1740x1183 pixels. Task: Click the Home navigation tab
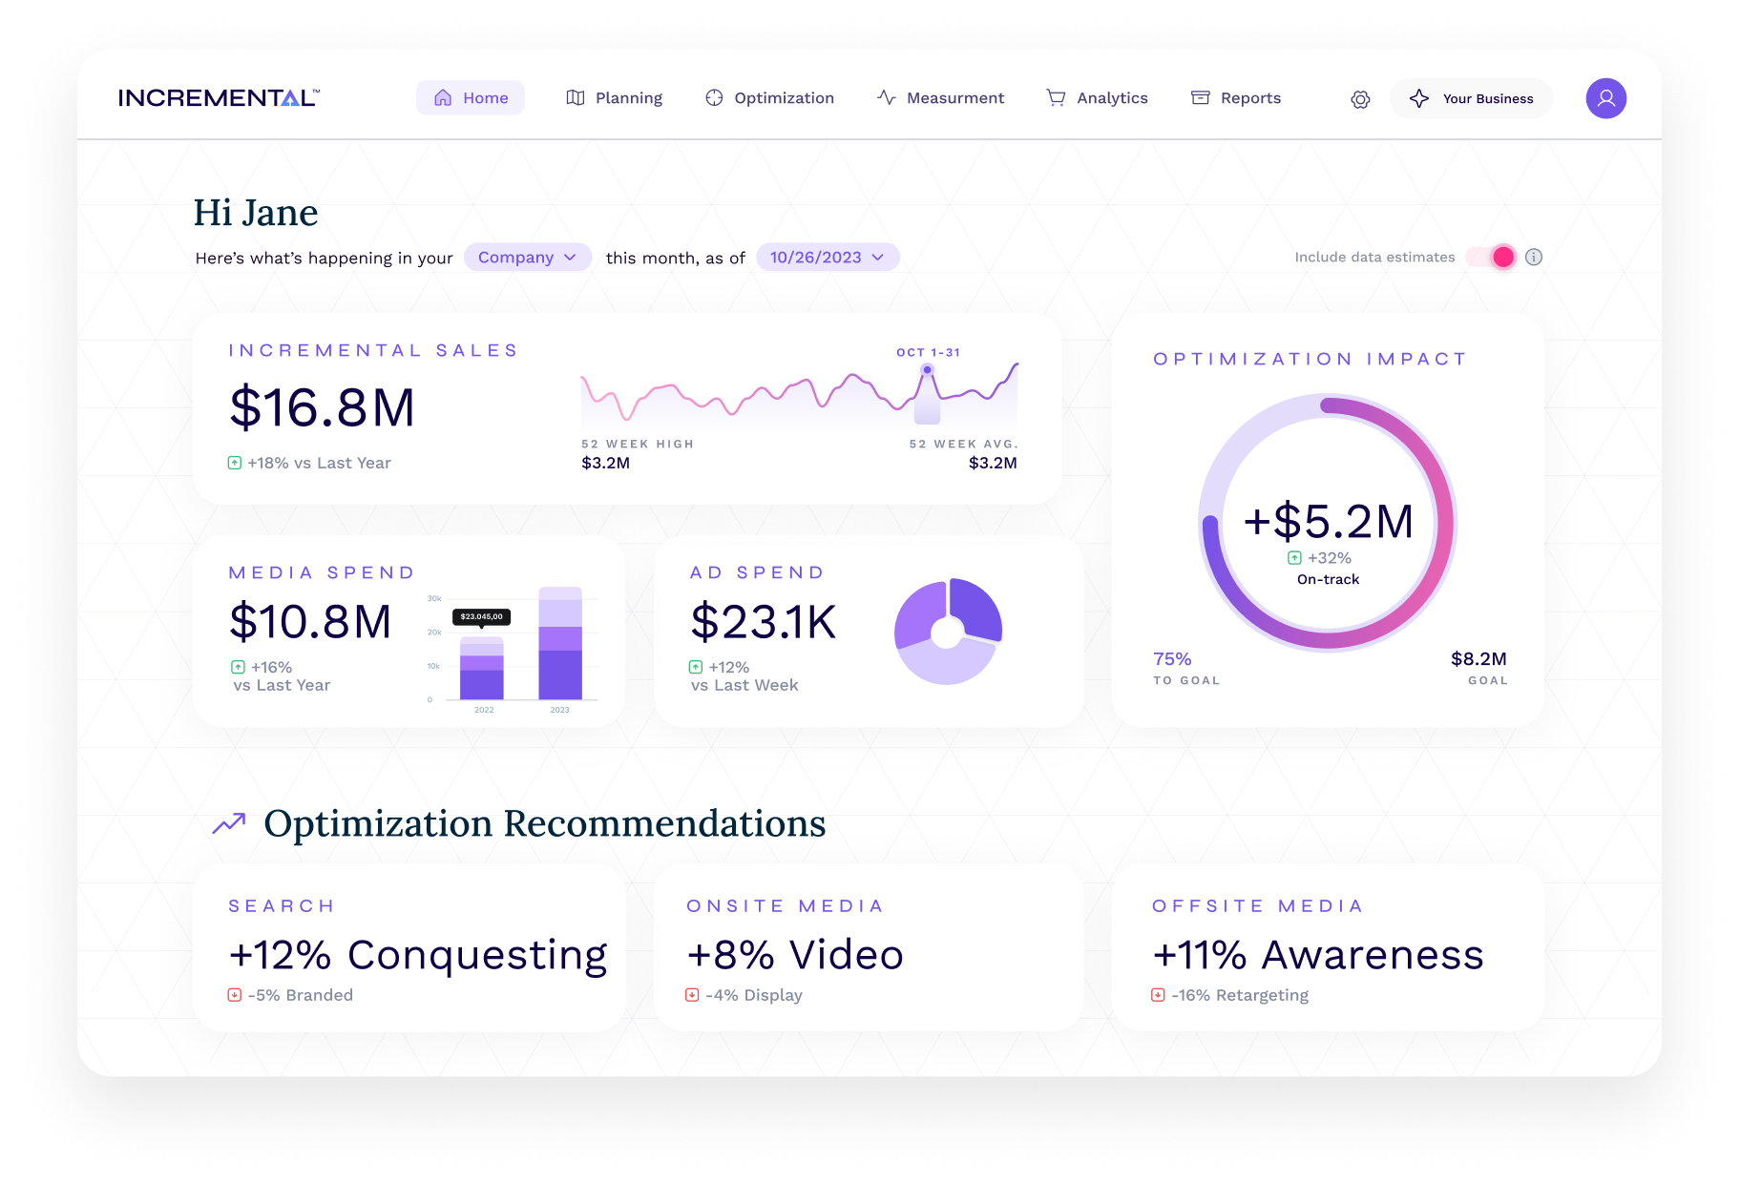point(471,98)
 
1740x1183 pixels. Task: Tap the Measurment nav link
point(940,98)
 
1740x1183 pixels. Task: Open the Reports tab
point(1236,98)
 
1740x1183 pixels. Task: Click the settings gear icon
point(1360,99)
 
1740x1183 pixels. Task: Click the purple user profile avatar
point(1605,98)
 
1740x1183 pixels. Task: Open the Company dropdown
point(527,258)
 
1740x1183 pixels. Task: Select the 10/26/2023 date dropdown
point(827,258)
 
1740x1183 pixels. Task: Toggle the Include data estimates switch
point(1492,257)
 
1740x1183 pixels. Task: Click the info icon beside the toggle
point(1534,257)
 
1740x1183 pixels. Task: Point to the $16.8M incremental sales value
point(322,407)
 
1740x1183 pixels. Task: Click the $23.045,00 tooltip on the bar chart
point(481,617)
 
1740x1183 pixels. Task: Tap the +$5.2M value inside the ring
point(1328,522)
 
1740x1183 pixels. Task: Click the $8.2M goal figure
point(1478,659)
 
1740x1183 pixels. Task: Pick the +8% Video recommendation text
point(794,955)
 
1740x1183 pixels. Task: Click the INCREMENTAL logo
point(219,98)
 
